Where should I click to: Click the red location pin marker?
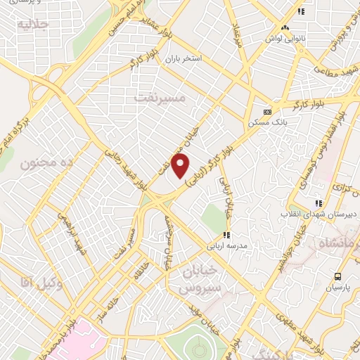181,167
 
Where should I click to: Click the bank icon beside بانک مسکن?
266,111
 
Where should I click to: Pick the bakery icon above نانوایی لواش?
285,28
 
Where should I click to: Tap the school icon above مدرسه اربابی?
226,235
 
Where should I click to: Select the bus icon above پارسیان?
338,276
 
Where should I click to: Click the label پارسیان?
338,288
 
